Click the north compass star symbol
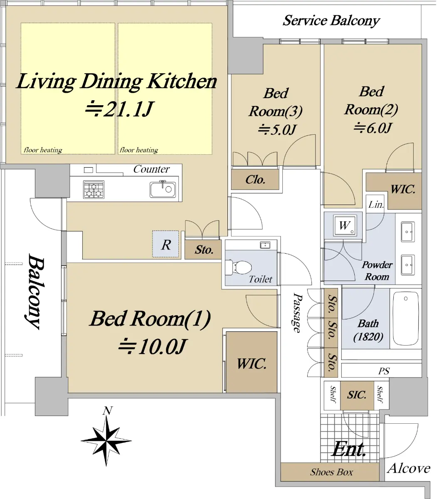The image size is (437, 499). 106,441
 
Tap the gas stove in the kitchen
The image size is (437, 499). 94,189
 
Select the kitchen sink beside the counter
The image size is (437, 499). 163,189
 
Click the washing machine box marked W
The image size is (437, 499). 345,225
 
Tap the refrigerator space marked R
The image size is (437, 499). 166,244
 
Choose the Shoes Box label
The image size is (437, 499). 331,472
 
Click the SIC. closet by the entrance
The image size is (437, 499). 357,395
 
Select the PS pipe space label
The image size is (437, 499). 384,371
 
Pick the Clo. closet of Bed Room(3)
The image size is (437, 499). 255,180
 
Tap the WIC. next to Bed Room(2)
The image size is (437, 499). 403,189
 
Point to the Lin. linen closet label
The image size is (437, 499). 376,204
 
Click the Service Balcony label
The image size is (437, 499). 331,21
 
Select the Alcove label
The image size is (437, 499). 409,468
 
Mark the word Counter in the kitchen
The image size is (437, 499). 151,169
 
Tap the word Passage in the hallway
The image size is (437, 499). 297,313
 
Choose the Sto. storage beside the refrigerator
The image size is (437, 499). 204,250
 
